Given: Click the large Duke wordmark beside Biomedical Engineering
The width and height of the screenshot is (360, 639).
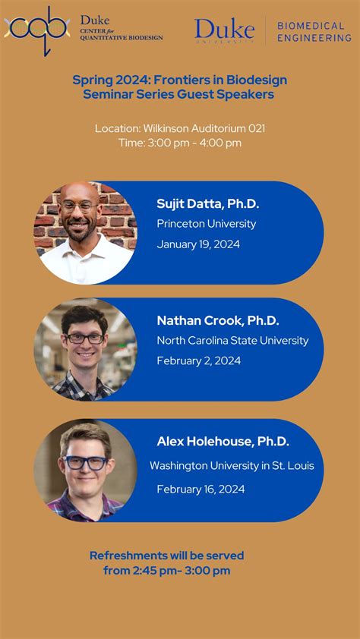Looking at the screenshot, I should (x=224, y=30).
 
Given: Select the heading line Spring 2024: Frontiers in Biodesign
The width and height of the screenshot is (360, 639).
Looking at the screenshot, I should (x=179, y=80).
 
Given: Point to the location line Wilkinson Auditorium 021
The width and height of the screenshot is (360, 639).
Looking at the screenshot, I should (x=180, y=128).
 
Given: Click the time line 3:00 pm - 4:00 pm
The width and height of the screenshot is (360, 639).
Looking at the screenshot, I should (x=180, y=143).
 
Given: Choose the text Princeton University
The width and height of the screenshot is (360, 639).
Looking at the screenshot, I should (x=207, y=224).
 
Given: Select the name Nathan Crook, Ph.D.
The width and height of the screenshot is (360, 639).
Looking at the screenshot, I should (x=218, y=320).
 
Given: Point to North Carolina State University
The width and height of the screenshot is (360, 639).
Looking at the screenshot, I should (x=232, y=341).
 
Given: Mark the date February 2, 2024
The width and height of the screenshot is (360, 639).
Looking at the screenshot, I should (x=199, y=361).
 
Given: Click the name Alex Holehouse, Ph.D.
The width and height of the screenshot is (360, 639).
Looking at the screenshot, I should (x=223, y=442).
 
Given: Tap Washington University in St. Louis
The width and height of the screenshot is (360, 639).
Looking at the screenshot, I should (x=232, y=465).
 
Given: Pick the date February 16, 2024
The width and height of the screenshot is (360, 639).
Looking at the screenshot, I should (x=201, y=489).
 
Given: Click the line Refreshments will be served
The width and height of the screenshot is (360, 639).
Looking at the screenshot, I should (x=167, y=556).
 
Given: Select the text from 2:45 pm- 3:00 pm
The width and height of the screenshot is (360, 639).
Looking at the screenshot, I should (x=167, y=571).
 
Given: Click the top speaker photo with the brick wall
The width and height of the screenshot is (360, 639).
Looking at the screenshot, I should (x=85, y=232).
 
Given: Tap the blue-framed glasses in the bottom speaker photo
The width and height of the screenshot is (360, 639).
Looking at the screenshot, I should (x=86, y=462).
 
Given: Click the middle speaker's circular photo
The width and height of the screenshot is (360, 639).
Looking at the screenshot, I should (x=85, y=349).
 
